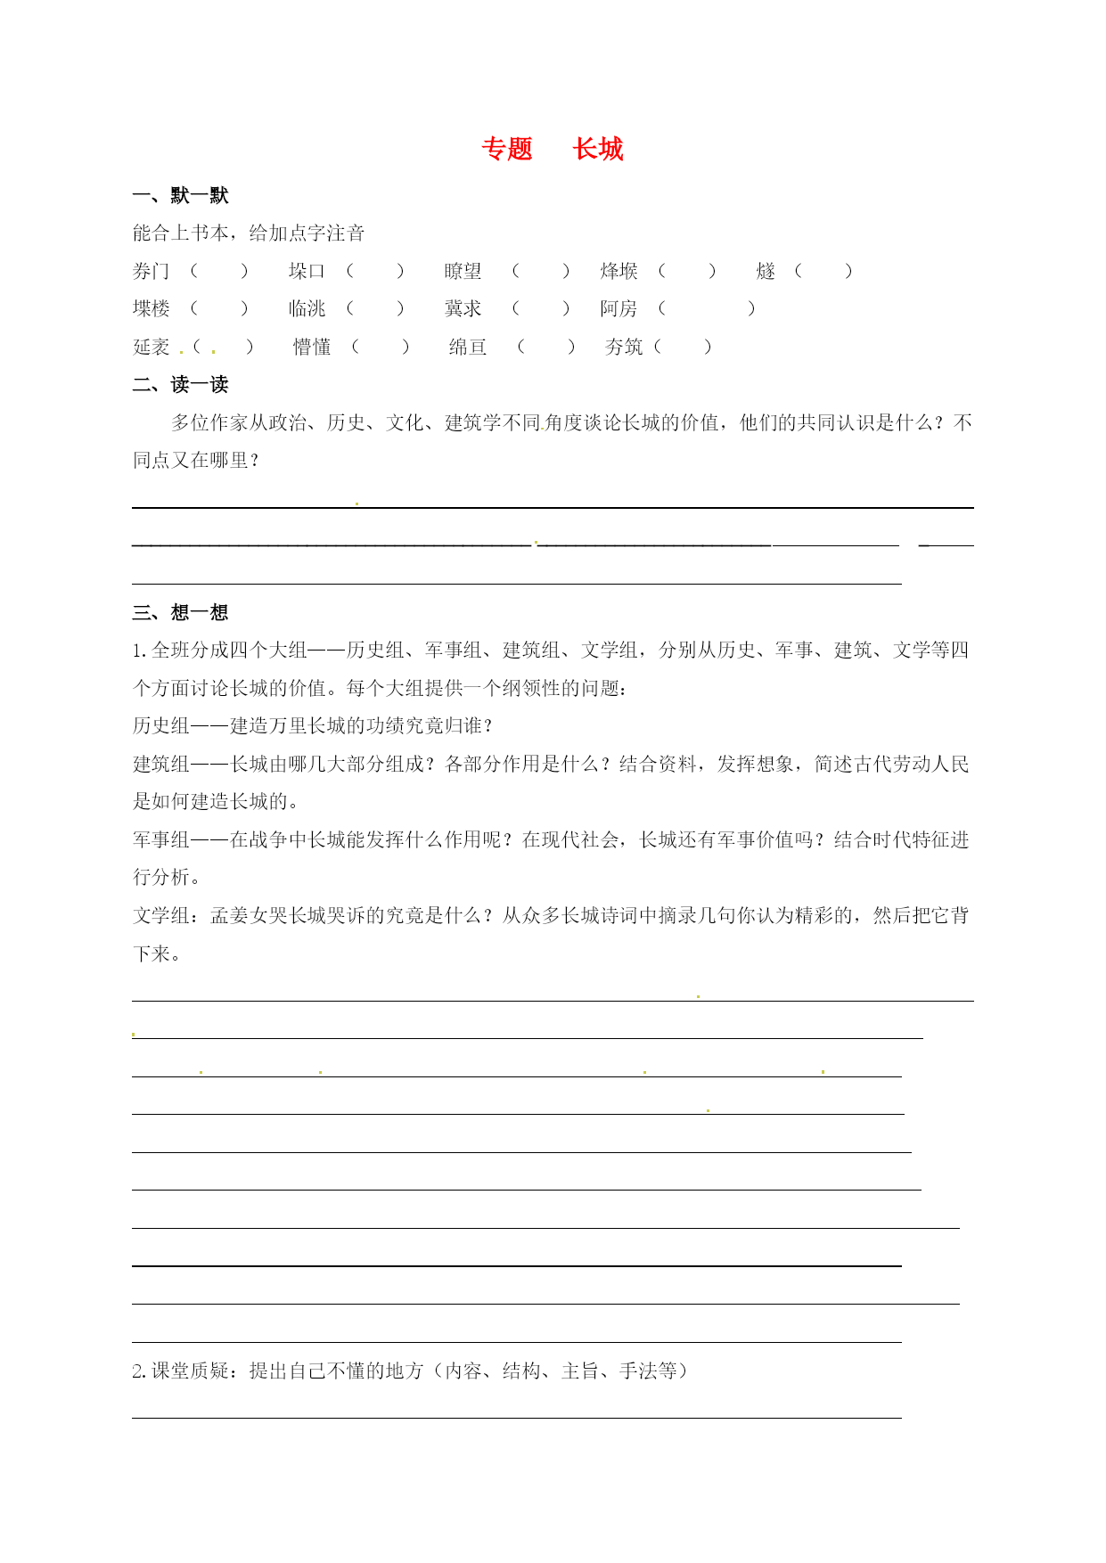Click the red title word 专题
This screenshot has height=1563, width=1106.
coord(506,149)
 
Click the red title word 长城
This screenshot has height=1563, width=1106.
coord(598,149)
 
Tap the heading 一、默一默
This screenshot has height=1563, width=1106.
coord(181,195)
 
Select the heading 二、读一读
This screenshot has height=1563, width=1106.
coord(181,385)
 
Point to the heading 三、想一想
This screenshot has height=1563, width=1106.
coord(181,612)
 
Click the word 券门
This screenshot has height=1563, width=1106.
coord(151,271)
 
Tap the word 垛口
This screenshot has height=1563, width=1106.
coord(307,271)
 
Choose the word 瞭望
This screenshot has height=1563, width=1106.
coord(463,271)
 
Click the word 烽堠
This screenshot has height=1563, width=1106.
coord(619,271)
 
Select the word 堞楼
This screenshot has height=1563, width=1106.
coord(151,308)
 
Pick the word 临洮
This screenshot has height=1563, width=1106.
coord(307,308)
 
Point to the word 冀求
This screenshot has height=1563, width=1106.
coord(463,308)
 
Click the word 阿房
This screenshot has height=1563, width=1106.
coord(619,308)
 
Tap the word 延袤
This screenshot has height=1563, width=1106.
coord(151,347)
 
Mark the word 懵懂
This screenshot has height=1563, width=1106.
coord(312,347)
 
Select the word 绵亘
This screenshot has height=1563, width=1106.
coord(468,347)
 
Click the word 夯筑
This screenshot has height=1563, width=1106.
coord(624,347)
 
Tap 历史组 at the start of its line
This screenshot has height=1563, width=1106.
coord(161,725)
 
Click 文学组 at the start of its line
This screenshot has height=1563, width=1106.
coord(161,915)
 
